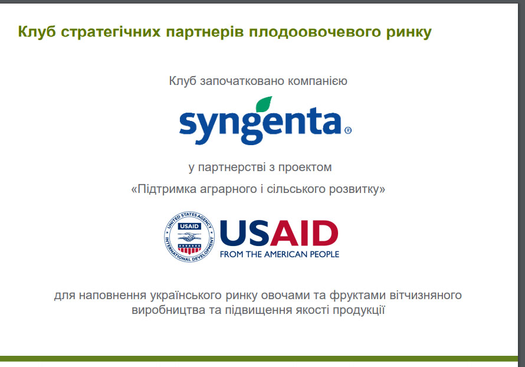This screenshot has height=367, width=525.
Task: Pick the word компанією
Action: coord(317,81)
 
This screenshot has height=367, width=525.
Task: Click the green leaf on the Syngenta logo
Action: coord(264,104)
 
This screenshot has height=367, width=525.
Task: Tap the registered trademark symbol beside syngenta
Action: coord(348,130)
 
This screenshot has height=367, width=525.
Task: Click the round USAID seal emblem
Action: coord(189,237)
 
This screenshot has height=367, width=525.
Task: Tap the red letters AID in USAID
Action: coord(304,233)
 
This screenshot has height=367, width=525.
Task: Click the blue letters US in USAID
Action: coord(245,233)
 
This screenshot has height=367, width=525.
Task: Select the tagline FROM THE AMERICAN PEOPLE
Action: coord(280,254)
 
